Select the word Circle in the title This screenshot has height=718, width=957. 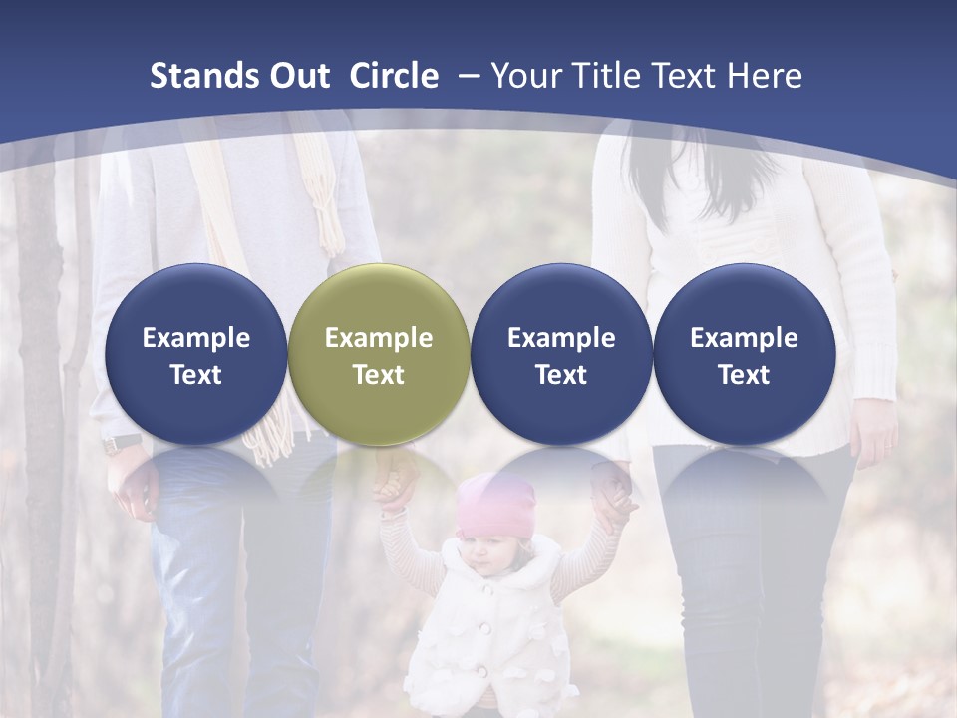coord(394,77)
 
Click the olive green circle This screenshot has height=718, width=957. coord(379,354)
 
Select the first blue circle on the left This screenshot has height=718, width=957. coord(195,354)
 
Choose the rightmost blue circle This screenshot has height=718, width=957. coord(744,354)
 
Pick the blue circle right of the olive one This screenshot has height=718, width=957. coord(561,354)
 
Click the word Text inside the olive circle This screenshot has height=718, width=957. coord(379,375)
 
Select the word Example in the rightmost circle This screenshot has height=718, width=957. coord(744,338)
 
